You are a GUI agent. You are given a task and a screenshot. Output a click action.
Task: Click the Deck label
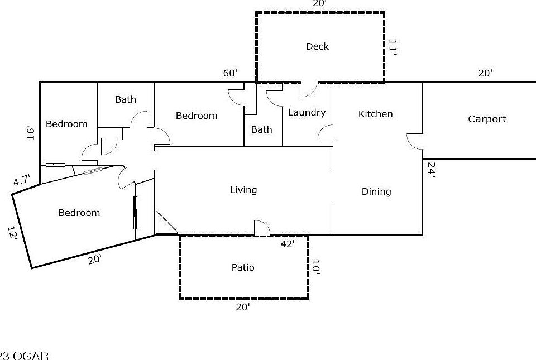(x=317, y=46)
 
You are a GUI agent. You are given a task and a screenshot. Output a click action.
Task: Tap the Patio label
(x=243, y=267)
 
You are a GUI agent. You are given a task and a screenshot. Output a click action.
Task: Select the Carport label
(x=487, y=119)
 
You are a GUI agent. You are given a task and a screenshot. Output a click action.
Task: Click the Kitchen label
(x=375, y=114)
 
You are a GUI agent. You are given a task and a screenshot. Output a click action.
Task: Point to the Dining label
(x=376, y=191)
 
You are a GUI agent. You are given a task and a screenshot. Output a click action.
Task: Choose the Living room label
(x=243, y=190)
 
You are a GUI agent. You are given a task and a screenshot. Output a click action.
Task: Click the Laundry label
(x=307, y=112)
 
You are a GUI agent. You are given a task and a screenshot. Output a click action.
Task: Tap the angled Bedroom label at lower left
(x=79, y=213)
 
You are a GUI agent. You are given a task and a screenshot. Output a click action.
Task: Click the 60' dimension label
(x=230, y=73)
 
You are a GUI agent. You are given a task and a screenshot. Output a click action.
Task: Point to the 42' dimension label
(x=287, y=243)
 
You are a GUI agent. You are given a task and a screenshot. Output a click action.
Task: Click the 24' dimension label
(x=430, y=169)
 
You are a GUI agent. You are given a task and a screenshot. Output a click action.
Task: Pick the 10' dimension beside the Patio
(x=315, y=267)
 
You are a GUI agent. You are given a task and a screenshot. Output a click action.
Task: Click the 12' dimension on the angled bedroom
(x=13, y=233)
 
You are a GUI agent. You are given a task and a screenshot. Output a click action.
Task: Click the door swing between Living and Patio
(x=262, y=228)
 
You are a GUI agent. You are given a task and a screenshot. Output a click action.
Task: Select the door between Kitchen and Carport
(x=414, y=142)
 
